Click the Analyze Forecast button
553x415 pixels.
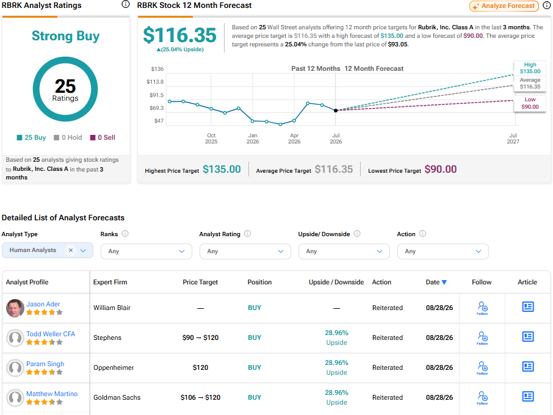504,6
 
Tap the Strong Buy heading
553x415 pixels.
65,36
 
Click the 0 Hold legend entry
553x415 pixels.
68,137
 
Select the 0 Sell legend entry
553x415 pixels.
103,137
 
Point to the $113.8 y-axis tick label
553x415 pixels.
155,82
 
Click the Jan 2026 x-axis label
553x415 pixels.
253,138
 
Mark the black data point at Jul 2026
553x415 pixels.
336,110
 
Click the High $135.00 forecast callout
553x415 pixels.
530,68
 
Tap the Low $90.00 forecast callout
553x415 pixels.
530,103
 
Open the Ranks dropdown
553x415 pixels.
146,251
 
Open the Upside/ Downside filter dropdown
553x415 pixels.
344,251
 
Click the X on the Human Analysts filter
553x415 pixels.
71,250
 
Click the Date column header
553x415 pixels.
436,282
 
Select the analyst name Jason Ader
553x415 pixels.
43,304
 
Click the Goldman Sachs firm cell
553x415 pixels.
117,397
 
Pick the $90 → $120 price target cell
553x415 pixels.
200,337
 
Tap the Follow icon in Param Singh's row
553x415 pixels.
482,367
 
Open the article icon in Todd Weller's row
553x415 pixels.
527,337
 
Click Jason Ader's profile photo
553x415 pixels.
15,308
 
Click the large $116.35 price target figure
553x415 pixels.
179,35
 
